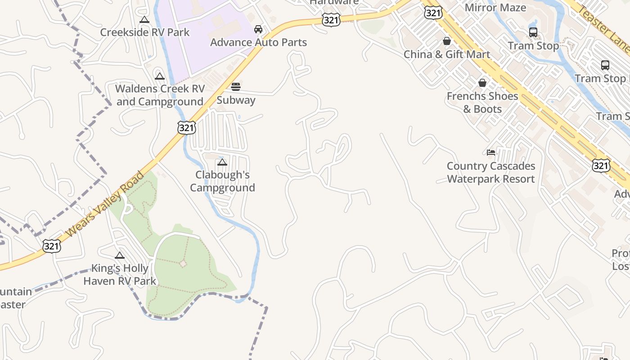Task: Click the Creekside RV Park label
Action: tap(145, 32)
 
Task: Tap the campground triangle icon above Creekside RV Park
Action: tap(144, 19)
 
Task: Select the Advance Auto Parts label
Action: tap(258, 42)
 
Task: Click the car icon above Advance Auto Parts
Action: tap(258, 29)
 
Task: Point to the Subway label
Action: tap(236, 100)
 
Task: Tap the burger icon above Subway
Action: tap(236, 86)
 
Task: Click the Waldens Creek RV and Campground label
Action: tap(160, 95)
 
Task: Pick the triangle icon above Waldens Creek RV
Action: tap(160, 76)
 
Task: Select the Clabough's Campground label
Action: tap(222, 181)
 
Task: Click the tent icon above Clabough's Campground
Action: tap(222, 162)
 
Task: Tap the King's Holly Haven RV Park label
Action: tap(120, 274)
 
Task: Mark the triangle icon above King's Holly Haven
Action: tap(120, 256)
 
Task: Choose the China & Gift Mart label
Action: tap(447, 54)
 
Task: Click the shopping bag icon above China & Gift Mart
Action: tap(447, 41)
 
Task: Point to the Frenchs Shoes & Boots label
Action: tap(482, 103)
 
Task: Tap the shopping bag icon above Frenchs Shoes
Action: tap(482, 83)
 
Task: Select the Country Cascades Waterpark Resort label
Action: tap(491, 172)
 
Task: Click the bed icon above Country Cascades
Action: tap(491, 153)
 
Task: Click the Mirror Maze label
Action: tap(495, 8)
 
